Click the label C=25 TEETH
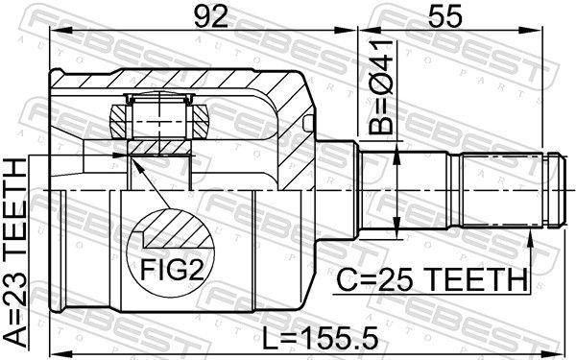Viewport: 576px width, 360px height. pos(432,281)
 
